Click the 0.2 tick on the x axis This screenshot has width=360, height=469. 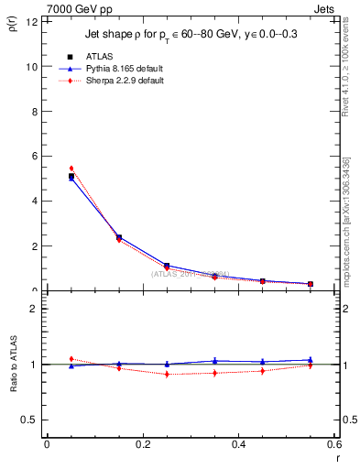click(x=142, y=444)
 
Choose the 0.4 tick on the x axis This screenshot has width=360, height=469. click(x=238, y=444)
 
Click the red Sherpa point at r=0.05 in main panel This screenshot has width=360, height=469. click(x=71, y=169)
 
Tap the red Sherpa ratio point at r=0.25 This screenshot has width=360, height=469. click(x=167, y=375)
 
